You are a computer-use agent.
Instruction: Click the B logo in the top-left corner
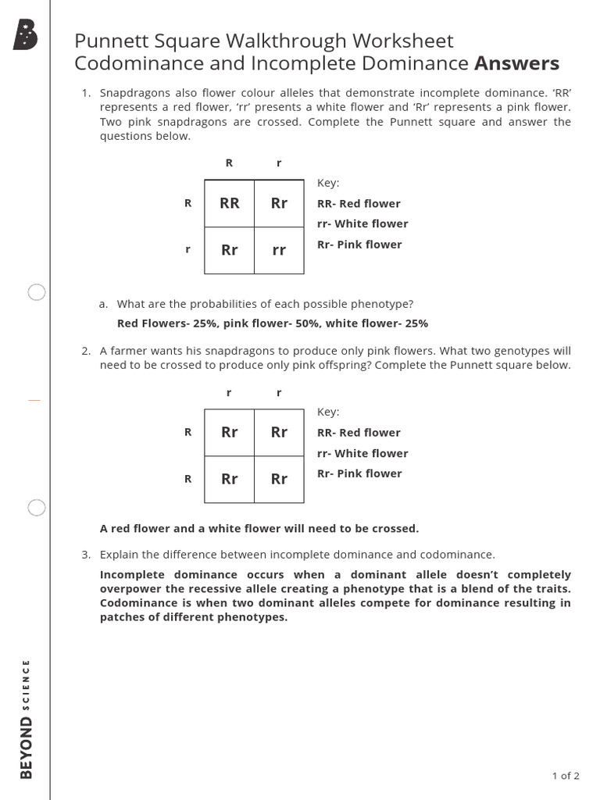26,35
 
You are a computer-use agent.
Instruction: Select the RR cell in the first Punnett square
229,203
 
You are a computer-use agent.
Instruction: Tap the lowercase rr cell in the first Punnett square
279,250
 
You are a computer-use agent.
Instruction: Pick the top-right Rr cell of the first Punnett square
279,203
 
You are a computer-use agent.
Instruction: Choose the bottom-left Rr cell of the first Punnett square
229,250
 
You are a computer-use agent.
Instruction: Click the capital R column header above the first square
229,162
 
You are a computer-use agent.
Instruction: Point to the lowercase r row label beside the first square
187,250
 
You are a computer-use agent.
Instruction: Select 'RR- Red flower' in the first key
359,203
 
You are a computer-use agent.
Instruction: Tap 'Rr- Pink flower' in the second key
359,473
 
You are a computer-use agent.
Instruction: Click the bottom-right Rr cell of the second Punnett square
279,479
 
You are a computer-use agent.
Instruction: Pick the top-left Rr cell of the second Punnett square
229,432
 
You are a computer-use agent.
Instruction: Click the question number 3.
87,555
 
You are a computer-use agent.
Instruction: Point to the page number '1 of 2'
566,776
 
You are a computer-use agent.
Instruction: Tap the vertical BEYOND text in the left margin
27,748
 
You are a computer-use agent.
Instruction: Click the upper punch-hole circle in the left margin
37,293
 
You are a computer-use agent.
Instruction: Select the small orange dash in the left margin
34,400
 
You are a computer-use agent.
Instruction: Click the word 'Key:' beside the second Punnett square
328,412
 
